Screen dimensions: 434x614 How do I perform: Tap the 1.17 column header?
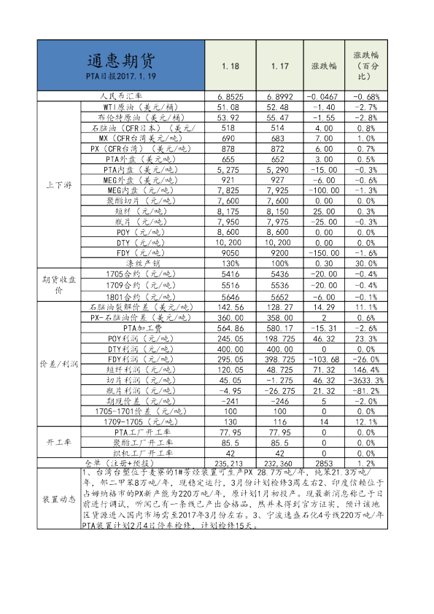[x=280, y=66]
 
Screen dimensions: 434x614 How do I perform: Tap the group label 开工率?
[x=58, y=443]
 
